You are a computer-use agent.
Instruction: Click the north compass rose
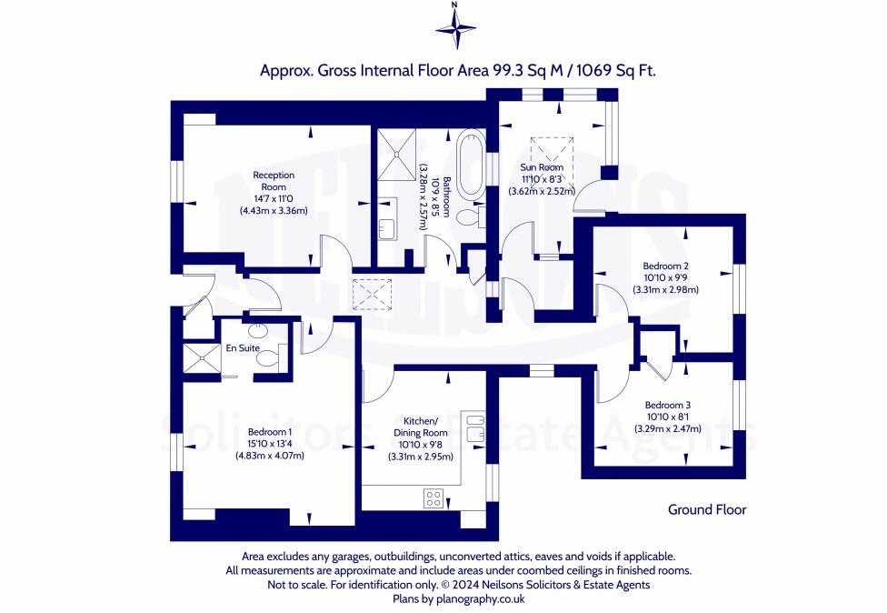pyautogui.click(x=456, y=26)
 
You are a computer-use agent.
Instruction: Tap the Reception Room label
pyautogui.click(x=274, y=181)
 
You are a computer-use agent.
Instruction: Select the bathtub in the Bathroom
pyautogui.click(x=469, y=165)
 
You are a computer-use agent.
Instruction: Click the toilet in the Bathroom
pyautogui.click(x=471, y=216)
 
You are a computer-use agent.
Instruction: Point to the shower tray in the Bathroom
pyautogui.click(x=396, y=154)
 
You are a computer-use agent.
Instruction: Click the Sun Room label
pyautogui.click(x=542, y=167)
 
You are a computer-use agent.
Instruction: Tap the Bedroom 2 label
pyautogui.click(x=665, y=266)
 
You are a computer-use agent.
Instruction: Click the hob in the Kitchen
pyautogui.click(x=434, y=498)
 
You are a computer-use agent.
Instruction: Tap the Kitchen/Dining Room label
pyautogui.click(x=420, y=427)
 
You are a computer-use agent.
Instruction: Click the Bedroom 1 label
pyautogui.click(x=270, y=432)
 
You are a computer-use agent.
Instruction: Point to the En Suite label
pyautogui.click(x=243, y=348)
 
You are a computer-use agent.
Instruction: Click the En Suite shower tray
pyautogui.click(x=202, y=358)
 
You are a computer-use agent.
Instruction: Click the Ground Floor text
pyautogui.click(x=707, y=509)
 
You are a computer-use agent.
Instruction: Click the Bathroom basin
pyautogui.click(x=388, y=219)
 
